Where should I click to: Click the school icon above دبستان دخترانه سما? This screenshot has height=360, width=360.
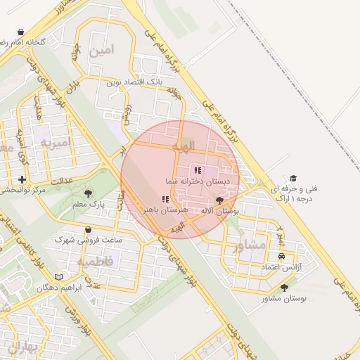198,170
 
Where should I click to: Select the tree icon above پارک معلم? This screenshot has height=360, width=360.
88,193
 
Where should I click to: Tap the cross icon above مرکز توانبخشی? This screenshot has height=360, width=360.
24,180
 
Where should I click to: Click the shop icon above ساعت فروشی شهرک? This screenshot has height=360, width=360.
87,229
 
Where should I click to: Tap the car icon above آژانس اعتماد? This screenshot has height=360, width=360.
282,257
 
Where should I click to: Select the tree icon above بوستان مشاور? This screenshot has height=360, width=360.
285,288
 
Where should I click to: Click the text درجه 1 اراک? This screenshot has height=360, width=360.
295,199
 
